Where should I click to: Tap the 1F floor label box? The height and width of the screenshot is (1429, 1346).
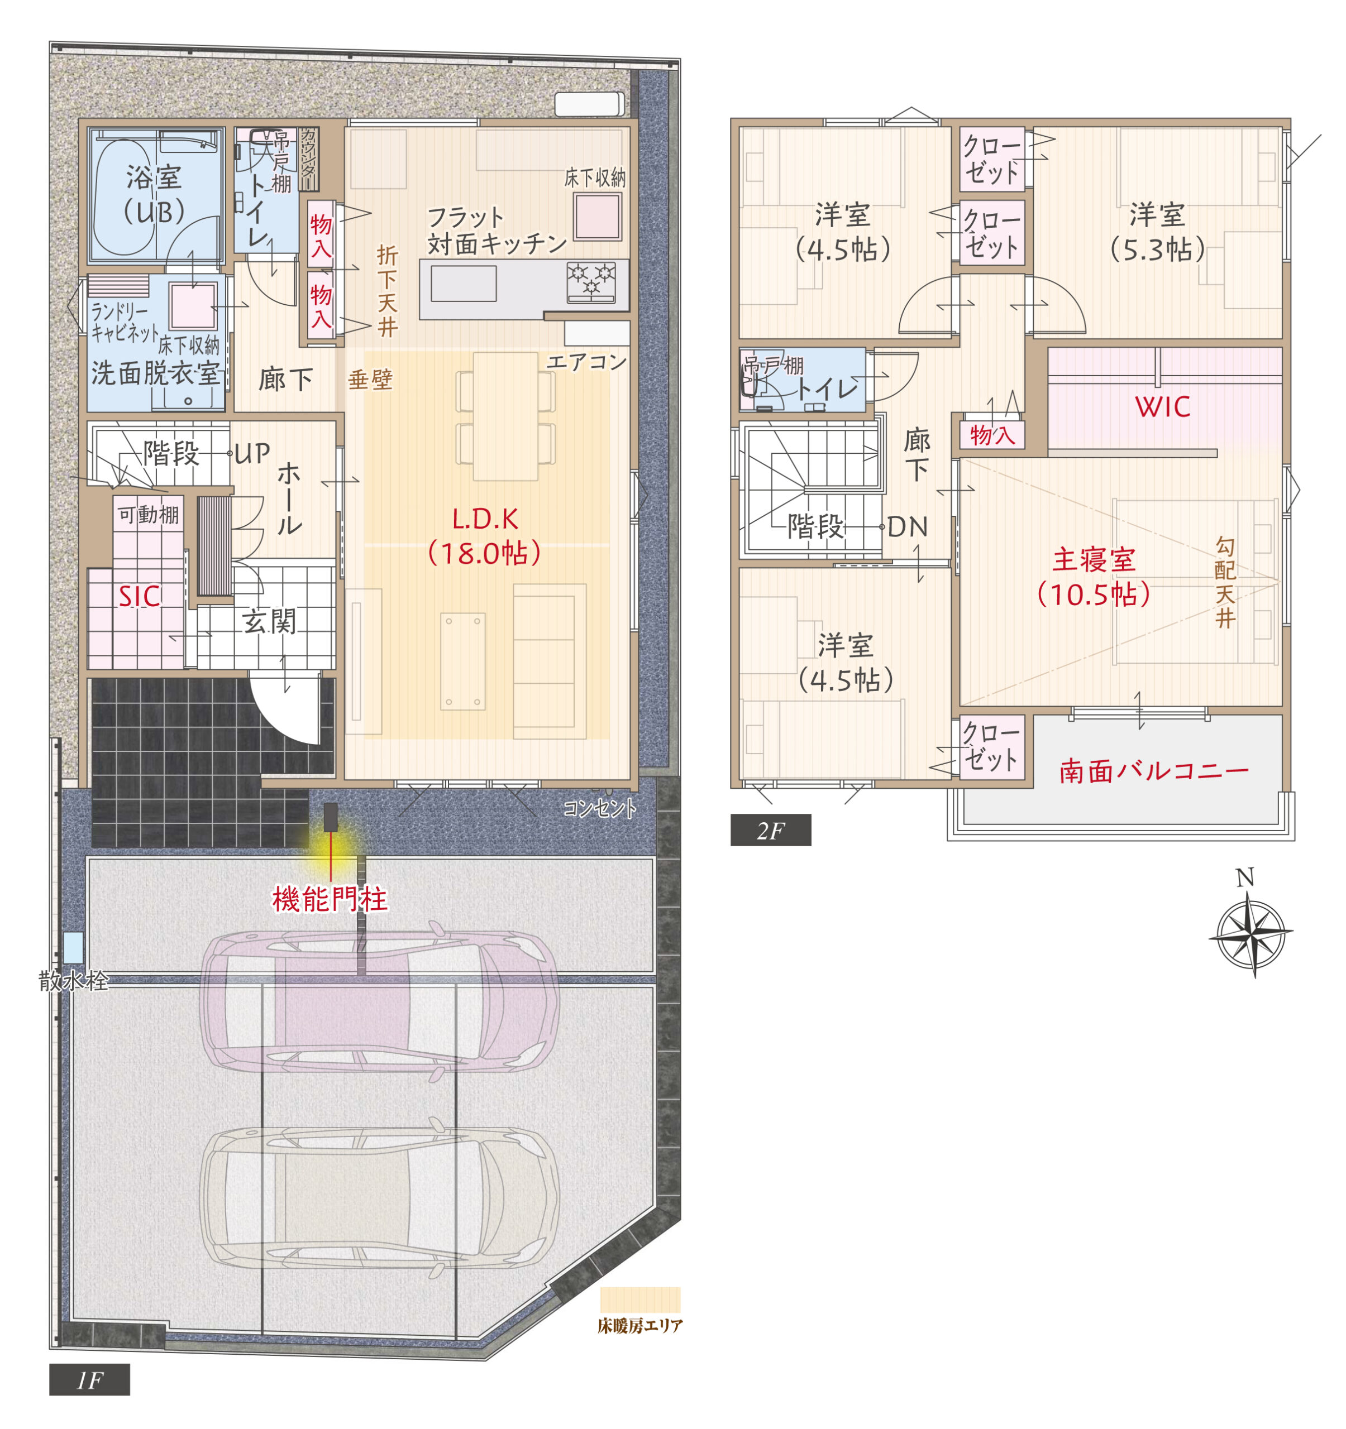coord(89,1380)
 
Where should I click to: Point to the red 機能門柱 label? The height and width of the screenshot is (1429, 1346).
coord(330,899)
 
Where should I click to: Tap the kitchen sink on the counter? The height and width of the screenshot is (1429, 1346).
coord(463,283)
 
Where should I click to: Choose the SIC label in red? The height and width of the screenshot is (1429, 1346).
coord(140,597)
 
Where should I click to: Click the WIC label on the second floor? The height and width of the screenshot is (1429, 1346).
coord(1163,407)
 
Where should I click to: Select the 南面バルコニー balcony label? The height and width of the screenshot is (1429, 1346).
coord(1154,772)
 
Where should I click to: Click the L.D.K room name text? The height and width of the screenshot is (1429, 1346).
coord(485,519)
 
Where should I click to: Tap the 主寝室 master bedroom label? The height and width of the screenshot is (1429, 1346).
coord(1094,560)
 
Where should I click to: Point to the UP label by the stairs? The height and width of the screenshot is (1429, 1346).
coord(252,453)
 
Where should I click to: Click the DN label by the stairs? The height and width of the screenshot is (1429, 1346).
coord(908,528)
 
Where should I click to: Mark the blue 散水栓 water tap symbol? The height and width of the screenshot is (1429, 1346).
coord(73,948)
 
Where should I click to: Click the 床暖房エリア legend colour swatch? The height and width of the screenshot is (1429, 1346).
coord(640,1299)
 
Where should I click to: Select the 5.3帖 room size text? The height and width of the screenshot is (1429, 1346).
coord(1157,250)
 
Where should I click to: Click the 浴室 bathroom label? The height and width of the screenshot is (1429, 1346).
coord(154,178)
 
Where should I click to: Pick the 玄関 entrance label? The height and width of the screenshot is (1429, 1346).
coord(269,621)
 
